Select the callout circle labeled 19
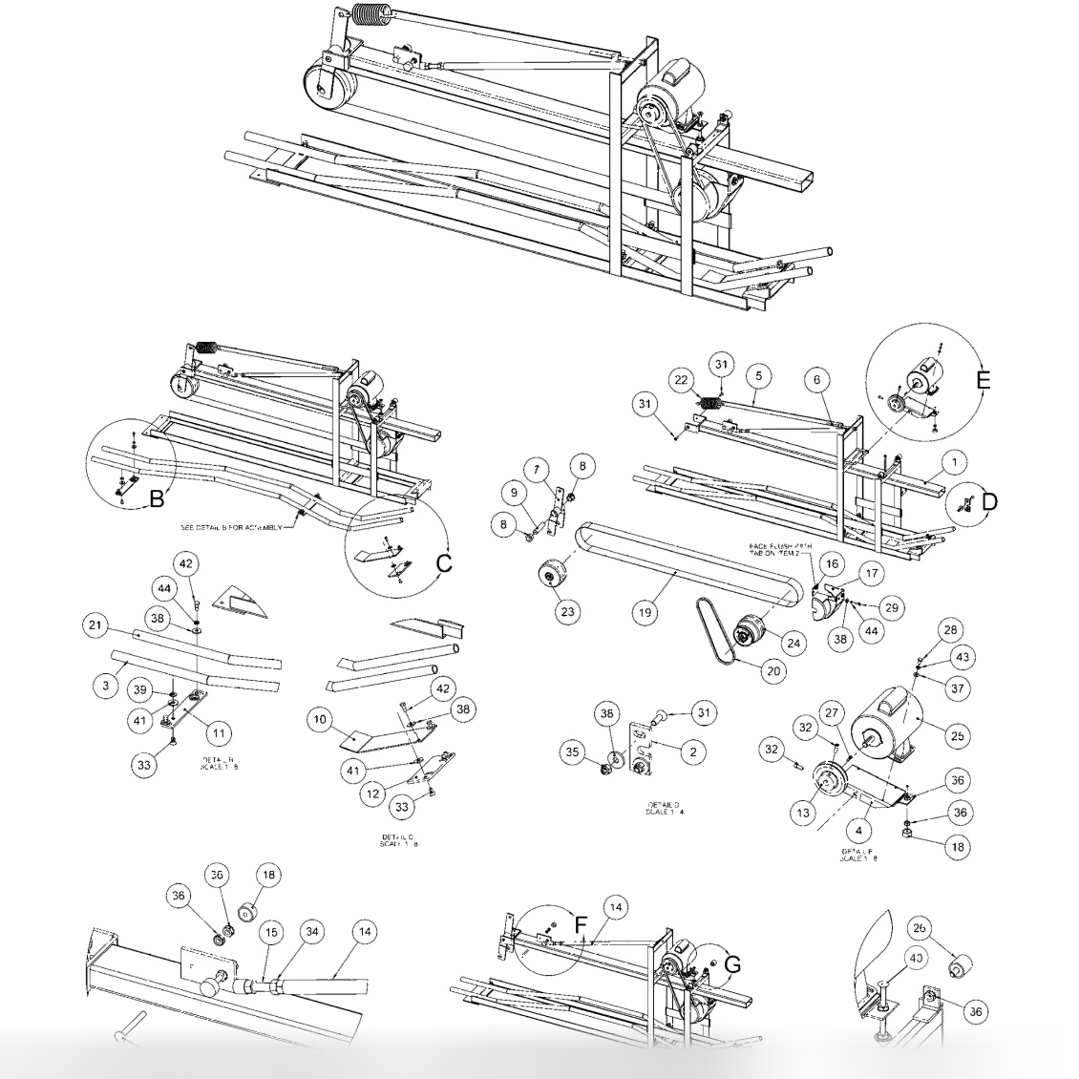(x=646, y=612)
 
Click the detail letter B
(x=158, y=497)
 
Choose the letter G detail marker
(x=731, y=965)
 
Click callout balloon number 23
(x=568, y=612)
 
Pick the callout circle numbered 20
(x=772, y=670)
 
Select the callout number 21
(x=94, y=625)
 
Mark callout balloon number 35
(x=572, y=751)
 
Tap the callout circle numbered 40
(x=915, y=958)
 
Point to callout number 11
(x=221, y=733)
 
